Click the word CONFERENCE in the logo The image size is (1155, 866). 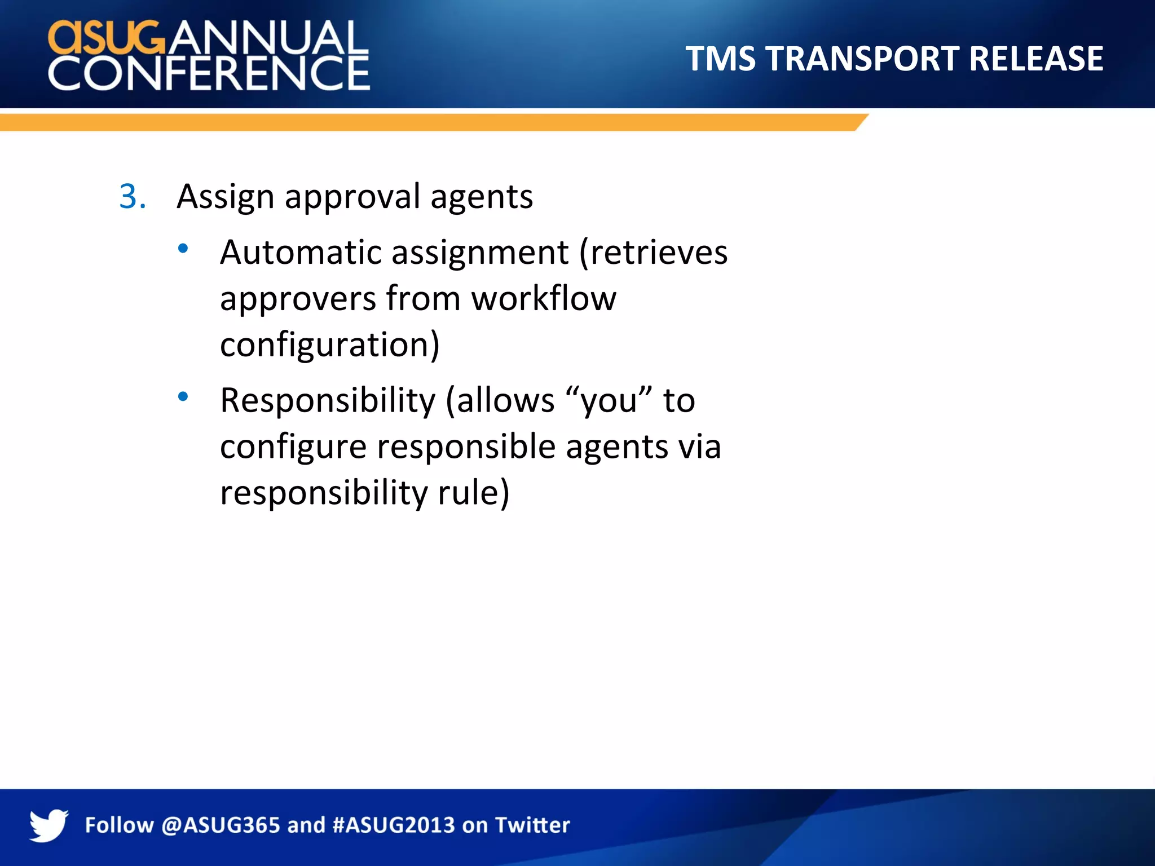[209, 73]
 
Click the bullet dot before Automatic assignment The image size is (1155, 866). [183, 249]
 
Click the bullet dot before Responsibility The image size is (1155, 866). [183, 397]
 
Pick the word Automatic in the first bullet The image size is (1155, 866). [300, 253]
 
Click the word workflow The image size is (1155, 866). [544, 299]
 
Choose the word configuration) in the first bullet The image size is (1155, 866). [329, 345]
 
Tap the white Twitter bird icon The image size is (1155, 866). [49, 825]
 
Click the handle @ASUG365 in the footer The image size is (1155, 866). [221, 825]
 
